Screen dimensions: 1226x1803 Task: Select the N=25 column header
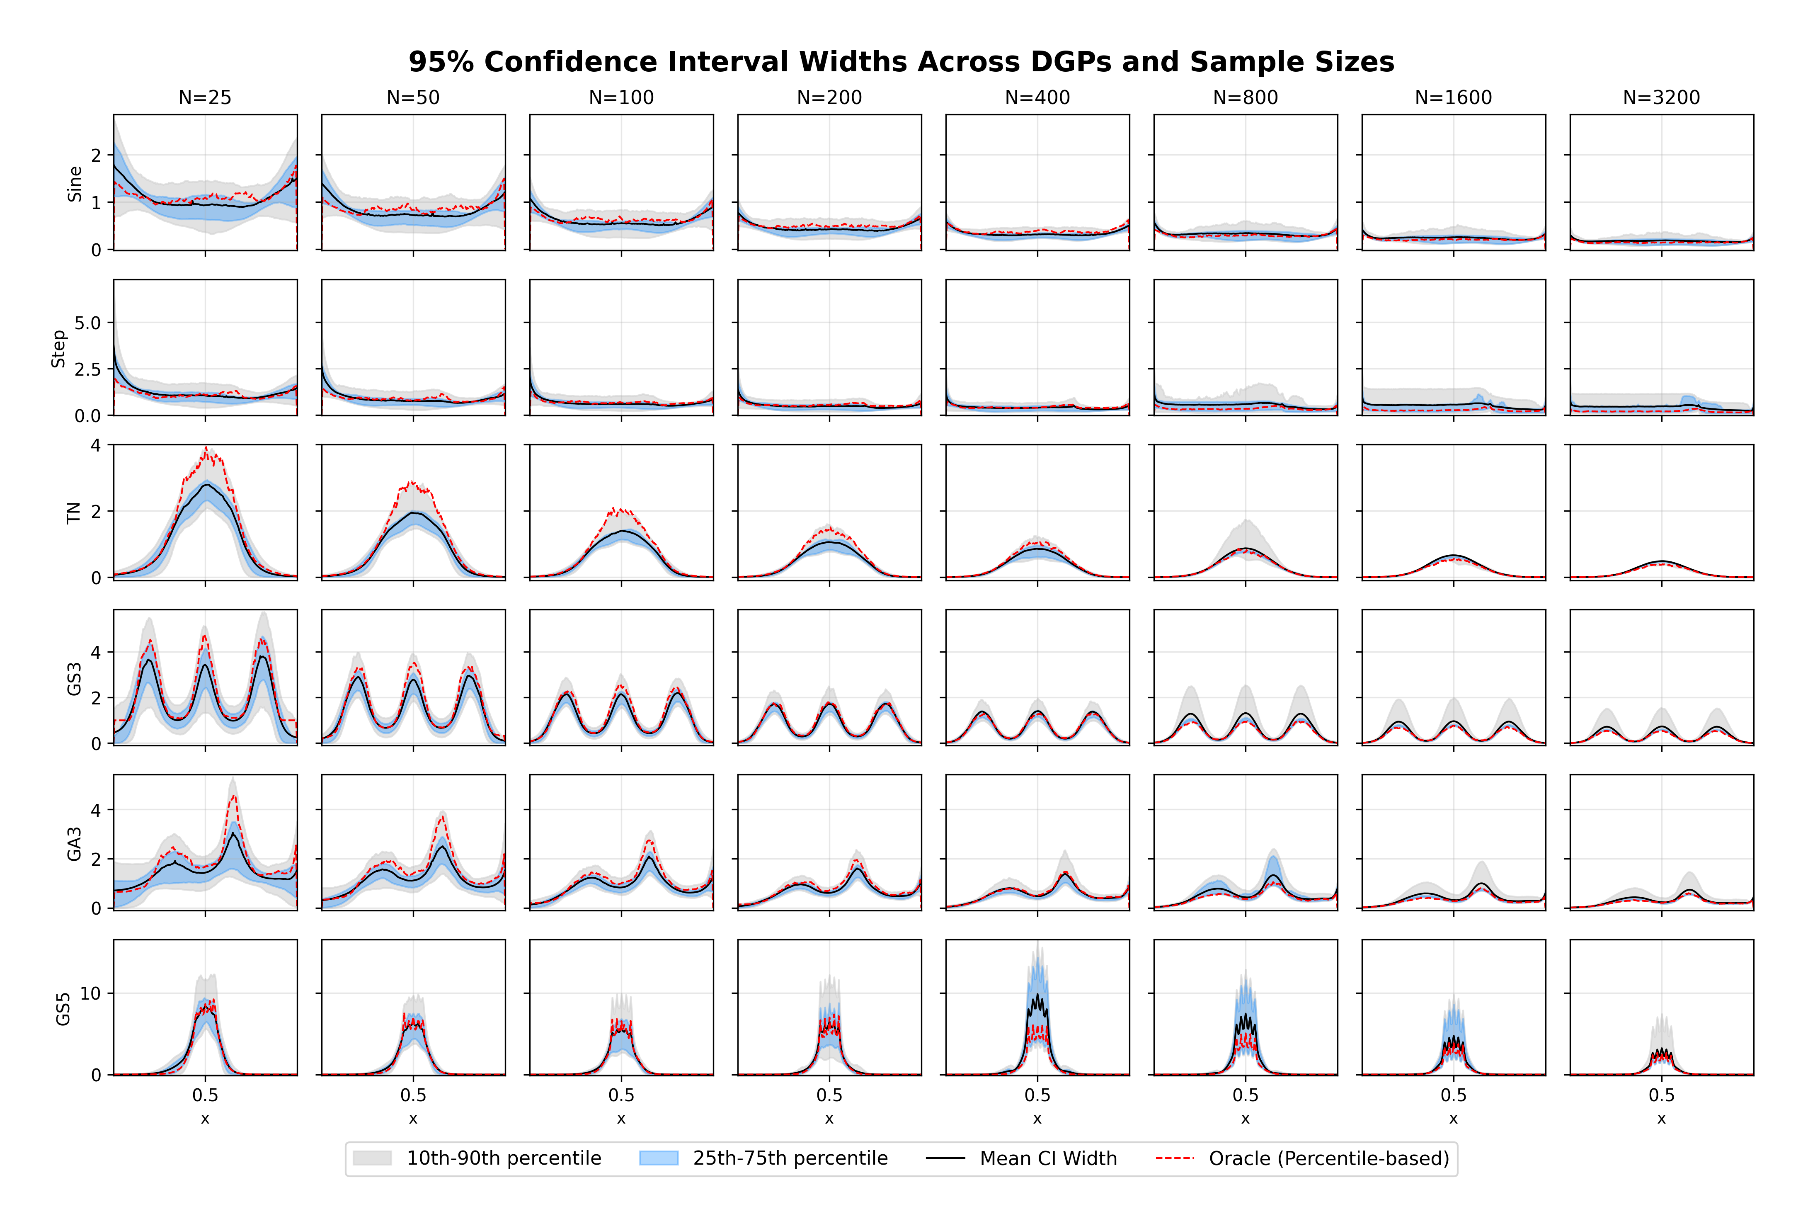[x=205, y=98]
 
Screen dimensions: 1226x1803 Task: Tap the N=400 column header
[x=1037, y=98]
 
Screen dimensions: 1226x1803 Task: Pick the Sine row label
[x=75, y=184]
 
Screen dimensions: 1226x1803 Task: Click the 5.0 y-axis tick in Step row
[x=88, y=323]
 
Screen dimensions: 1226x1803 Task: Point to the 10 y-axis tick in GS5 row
[x=91, y=993]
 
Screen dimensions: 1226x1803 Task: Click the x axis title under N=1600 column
[x=1453, y=1119]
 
